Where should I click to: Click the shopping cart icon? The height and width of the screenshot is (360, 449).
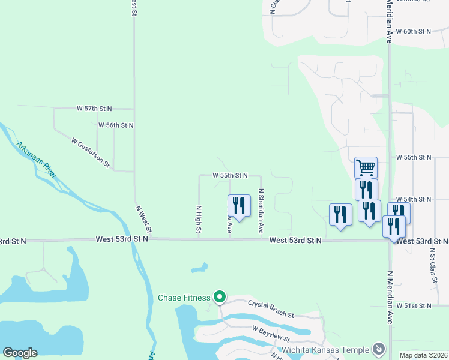point(366,167)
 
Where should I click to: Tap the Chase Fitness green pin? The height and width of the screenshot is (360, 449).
point(220,296)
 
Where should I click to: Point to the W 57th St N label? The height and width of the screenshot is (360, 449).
point(95,109)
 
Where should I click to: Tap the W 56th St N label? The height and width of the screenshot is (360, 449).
point(115,125)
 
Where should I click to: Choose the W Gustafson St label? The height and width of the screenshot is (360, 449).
point(91,152)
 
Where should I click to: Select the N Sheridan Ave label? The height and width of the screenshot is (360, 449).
point(261,211)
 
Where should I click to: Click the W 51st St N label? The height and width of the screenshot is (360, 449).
point(414,305)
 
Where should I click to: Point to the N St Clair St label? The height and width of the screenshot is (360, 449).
point(433,264)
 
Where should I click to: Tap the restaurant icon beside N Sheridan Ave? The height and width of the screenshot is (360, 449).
point(239,206)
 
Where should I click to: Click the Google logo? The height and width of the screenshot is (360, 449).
point(20,353)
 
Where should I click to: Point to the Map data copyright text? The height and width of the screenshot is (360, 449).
point(423,355)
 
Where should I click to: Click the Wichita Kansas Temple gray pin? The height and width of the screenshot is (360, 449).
point(379,348)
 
